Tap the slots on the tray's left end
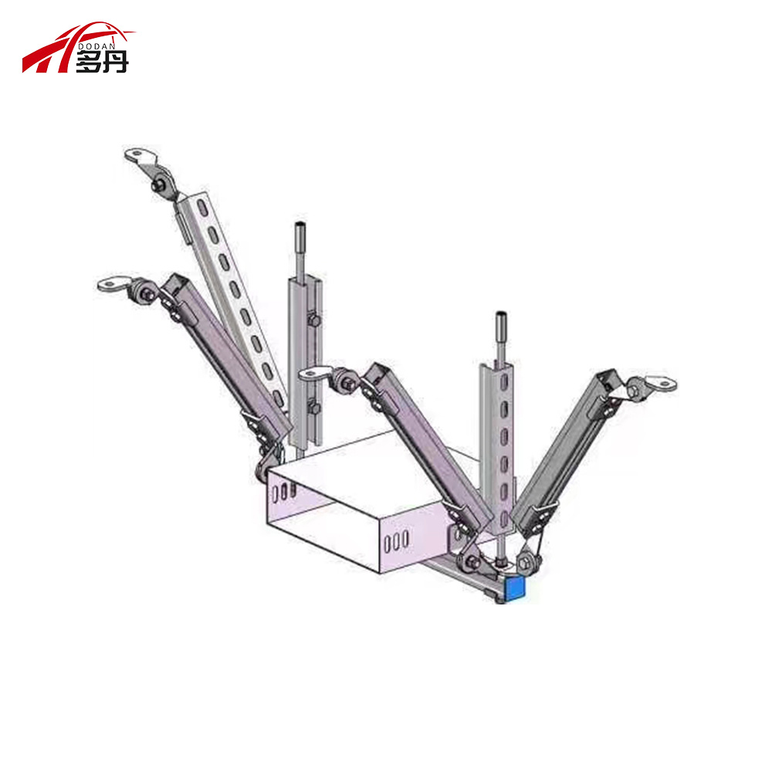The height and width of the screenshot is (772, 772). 286,489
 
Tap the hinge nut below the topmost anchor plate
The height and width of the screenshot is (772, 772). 161,185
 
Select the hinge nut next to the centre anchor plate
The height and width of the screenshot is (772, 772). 342,380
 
